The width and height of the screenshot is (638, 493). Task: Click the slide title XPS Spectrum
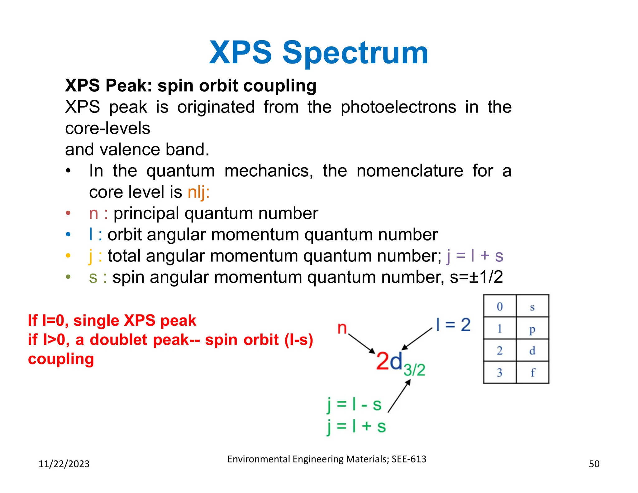(318, 53)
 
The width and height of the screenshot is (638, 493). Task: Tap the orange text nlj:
(198, 192)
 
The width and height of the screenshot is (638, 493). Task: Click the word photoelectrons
(398, 107)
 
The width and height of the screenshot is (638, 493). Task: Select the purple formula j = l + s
(475, 256)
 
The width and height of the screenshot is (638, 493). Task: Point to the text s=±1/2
(476, 277)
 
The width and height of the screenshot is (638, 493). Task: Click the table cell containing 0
(500, 307)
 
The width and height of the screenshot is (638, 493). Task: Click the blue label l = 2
(453, 325)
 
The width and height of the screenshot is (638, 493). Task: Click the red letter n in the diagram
(342, 328)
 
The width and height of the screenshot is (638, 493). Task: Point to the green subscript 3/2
(414, 370)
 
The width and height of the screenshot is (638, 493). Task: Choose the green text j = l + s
(356, 426)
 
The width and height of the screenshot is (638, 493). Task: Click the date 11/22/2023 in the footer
(64, 464)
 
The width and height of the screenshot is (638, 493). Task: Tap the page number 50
(594, 464)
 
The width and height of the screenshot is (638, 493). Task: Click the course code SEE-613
(409, 459)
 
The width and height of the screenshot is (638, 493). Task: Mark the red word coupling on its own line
(61, 359)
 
